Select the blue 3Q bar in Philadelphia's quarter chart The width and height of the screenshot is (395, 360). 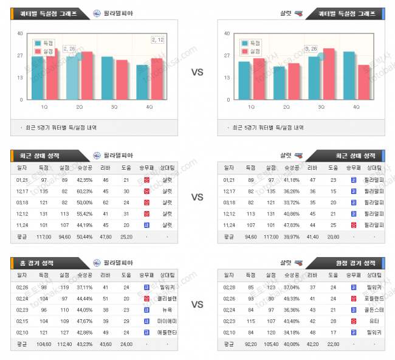click(x=107, y=78)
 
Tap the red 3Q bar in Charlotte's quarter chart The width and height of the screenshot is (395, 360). click(x=329, y=74)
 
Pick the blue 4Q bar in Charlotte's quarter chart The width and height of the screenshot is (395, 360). click(x=349, y=75)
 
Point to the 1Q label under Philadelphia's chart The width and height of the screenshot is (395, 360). click(x=45, y=107)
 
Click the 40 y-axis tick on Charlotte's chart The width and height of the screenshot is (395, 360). click(x=227, y=33)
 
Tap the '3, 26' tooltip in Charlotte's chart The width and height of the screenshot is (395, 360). click(x=311, y=49)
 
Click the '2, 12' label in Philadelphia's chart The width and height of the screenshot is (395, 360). click(x=157, y=40)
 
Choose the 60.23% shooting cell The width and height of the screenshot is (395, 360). click(x=84, y=191)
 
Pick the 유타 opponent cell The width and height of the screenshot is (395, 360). click(x=374, y=320)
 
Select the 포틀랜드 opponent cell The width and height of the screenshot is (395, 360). click(x=374, y=298)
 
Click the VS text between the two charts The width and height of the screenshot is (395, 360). click(x=197, y=72)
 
